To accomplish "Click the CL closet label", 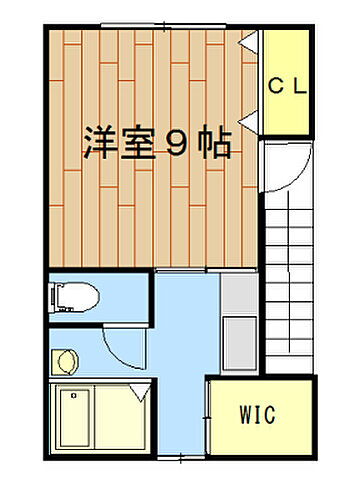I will coord(287,85).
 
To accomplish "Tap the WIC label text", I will coord(257,414).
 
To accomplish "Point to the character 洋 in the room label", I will coord(99,144).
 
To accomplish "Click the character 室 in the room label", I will coord(137,144).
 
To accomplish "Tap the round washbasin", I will coord(67,360).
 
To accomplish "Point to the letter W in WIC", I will coord(244,414).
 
